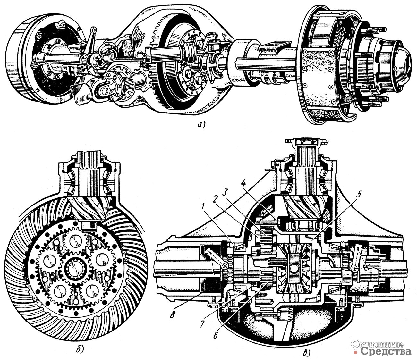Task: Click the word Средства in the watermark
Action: point(385,352)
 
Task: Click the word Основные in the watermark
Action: point(377,344)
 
